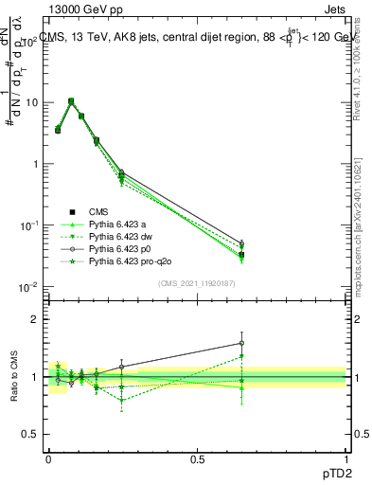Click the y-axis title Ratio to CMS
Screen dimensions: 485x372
pyautogui.click(x=15, y=377)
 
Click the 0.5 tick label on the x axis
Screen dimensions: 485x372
pyautogui.click(x=197, y=458)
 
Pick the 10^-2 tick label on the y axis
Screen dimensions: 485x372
pyautogui.click(x=26, y=286)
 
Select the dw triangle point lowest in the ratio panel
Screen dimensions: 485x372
pyautogui.click(x=122, y=400)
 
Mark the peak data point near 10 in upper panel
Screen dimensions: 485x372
pyautogui.click(x=71, y=100)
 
